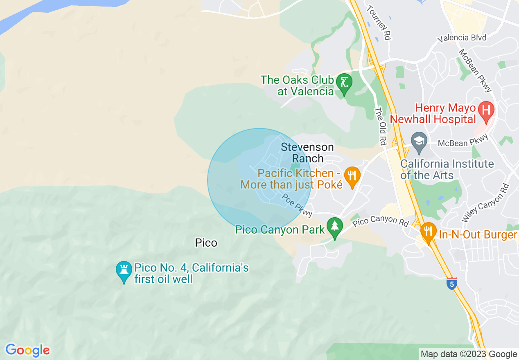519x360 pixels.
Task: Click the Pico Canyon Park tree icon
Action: point(334,227)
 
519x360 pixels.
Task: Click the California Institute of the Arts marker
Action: point(419,141)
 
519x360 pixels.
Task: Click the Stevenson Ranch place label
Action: point(307,153)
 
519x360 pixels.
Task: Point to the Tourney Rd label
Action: point(379,22)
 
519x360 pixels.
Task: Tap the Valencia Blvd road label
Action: point(462,38)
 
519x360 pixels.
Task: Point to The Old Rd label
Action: point(381,126)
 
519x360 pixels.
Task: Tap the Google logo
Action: point(27,351)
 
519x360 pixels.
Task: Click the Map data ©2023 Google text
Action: point(469,354)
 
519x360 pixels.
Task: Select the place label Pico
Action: point(206,243)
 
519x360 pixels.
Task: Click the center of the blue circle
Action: point(259,180)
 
